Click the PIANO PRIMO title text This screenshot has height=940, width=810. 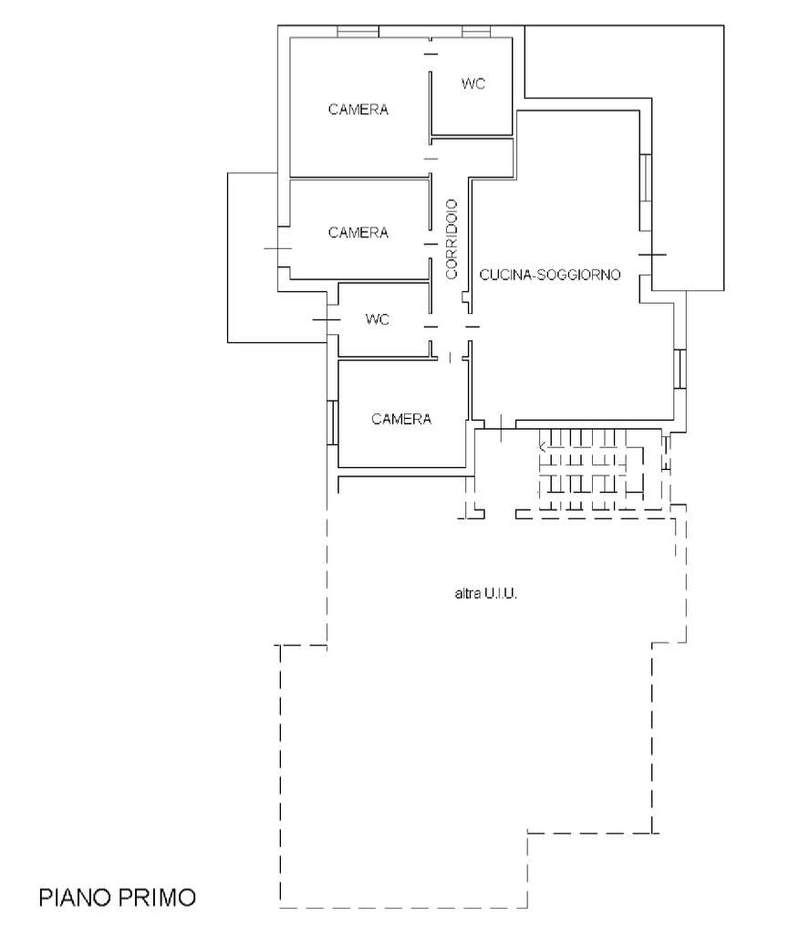pos(118,897)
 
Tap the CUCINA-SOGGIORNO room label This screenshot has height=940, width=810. pos(550,275)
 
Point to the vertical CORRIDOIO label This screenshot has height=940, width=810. pos(452,238)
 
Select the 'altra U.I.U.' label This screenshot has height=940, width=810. pos(486,593)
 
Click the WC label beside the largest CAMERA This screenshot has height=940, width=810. pos(473,84)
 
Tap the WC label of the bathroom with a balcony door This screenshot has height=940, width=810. pos(378,319)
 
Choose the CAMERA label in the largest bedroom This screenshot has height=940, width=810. pos(358,110)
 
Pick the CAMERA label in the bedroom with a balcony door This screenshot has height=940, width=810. pos(358,232)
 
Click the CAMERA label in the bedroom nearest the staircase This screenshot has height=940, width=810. pos(401,419)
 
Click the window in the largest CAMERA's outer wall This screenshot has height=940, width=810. pos(358,31)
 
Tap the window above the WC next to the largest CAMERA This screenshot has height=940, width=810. pos(477,31)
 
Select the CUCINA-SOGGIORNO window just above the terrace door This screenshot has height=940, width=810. pos(645,193)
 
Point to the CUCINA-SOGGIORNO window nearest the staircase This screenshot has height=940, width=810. pos(680,369)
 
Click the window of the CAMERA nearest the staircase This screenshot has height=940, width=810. pos(333,423)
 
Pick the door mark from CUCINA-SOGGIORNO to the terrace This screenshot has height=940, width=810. pos(652,255)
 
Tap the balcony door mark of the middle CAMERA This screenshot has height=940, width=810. pos(278,248)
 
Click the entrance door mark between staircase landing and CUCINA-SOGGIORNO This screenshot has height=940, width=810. pos(501,423)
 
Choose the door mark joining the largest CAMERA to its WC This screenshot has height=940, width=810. pos(431,54)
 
